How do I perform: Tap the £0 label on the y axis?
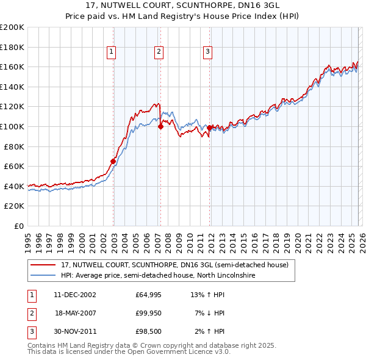tap(18, 226)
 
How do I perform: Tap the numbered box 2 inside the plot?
tap(159, 52)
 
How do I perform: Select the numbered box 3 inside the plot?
tap(207, 52)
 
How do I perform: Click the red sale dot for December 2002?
tap(113, 161)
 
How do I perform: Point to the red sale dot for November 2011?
tap(210, 128)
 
